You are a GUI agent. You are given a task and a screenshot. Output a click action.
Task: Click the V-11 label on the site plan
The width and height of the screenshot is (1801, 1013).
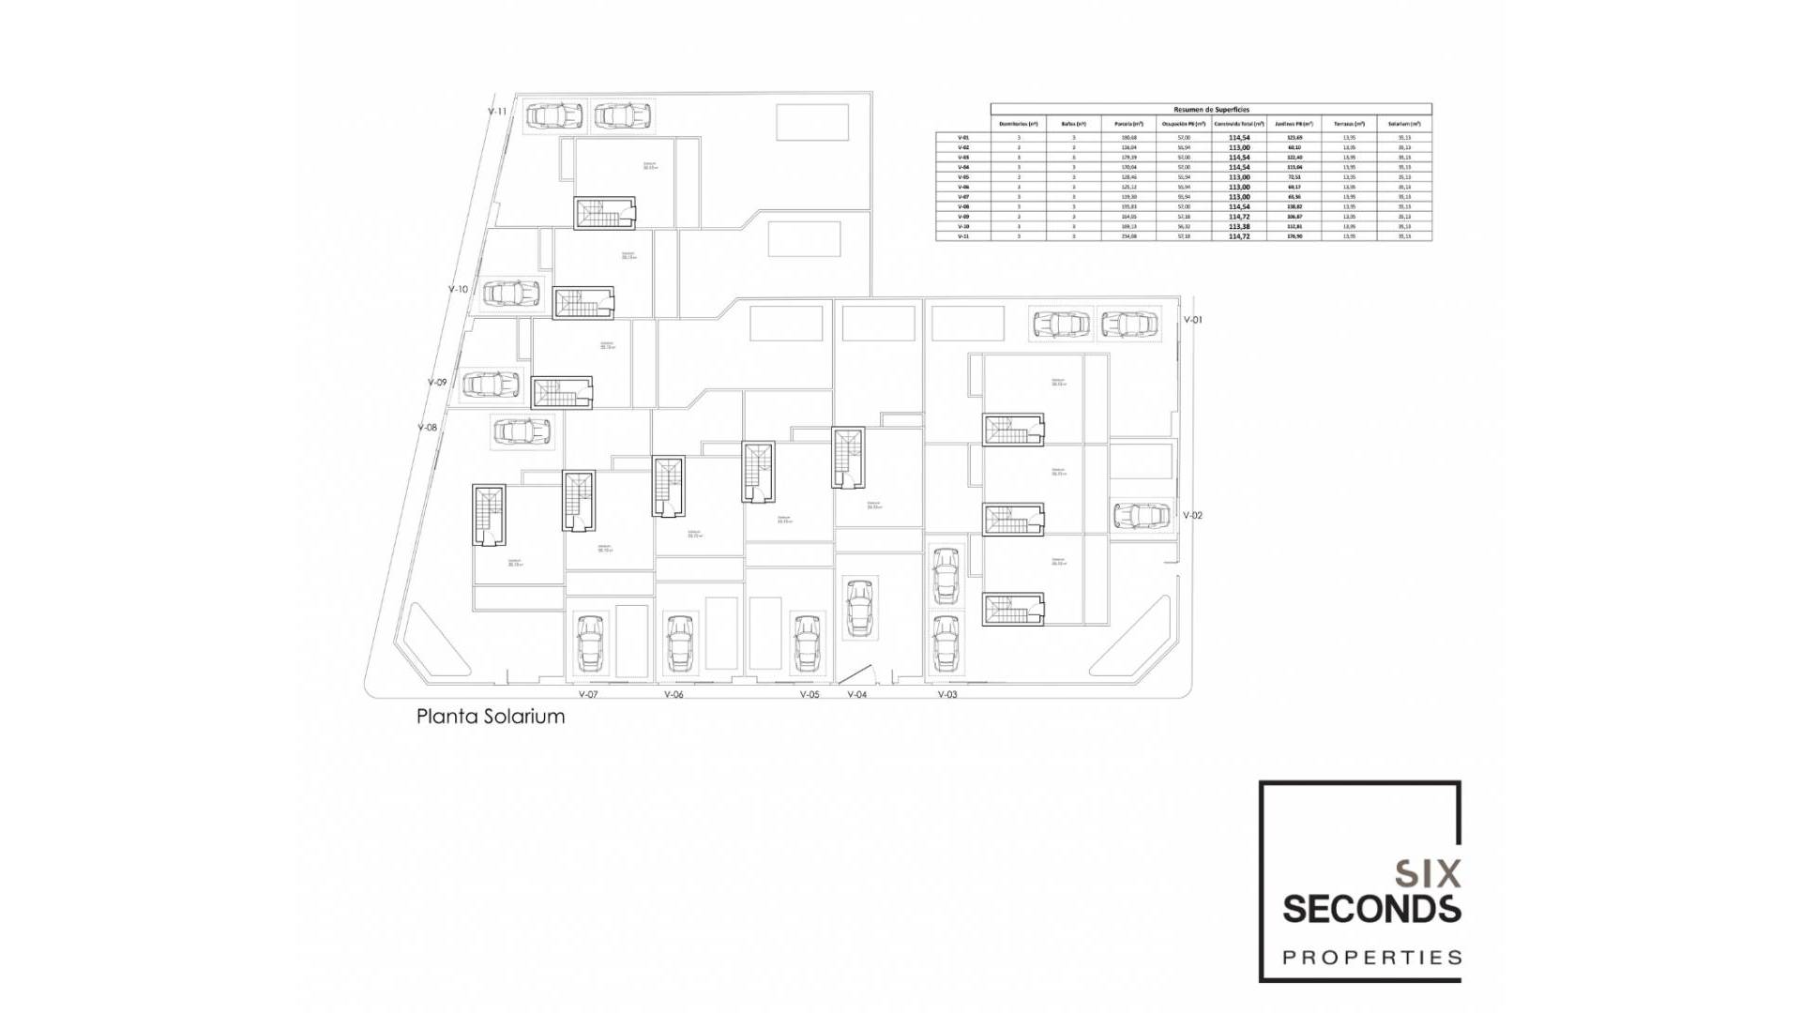(497, 112)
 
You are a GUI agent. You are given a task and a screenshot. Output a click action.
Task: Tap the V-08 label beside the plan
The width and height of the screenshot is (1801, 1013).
(427, 428)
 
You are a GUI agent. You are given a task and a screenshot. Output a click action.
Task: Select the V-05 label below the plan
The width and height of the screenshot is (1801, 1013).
(810, 695)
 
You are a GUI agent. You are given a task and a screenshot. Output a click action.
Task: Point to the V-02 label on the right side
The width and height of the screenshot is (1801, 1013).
(1192, 516)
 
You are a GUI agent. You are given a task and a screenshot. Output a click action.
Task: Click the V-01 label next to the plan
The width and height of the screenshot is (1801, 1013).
(1192, 320)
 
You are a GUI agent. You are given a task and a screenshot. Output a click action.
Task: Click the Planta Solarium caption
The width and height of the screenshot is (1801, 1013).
(491, 717)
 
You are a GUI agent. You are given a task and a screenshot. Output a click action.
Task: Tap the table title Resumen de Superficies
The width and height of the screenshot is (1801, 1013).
(1211, 110)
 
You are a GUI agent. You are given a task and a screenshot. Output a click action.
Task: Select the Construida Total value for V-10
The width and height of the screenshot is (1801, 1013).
(1239, 227)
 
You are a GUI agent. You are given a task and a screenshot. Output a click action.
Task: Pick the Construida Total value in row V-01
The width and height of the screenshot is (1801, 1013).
(1239, 138)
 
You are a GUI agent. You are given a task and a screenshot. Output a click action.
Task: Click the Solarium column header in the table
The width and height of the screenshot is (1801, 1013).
(1404, 124)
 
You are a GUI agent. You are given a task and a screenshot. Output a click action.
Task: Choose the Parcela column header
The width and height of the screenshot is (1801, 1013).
(1128, 124)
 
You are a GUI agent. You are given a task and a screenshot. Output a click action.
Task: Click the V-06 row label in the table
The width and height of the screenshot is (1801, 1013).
(962, 187)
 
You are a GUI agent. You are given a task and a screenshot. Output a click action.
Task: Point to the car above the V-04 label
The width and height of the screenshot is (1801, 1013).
(859, 608)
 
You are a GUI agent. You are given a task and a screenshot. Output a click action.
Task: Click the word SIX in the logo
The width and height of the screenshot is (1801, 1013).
(1427, 874)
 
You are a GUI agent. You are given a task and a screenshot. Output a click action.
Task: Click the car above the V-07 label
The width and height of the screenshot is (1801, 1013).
(590, 643)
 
